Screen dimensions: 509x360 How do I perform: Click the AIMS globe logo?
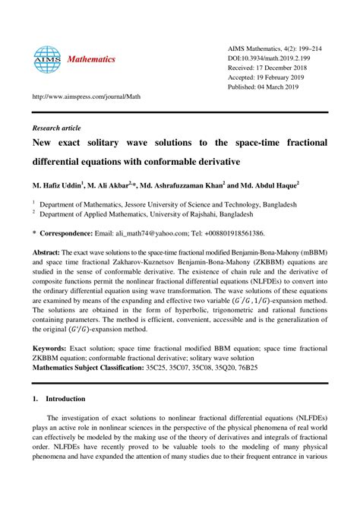point(46,60)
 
